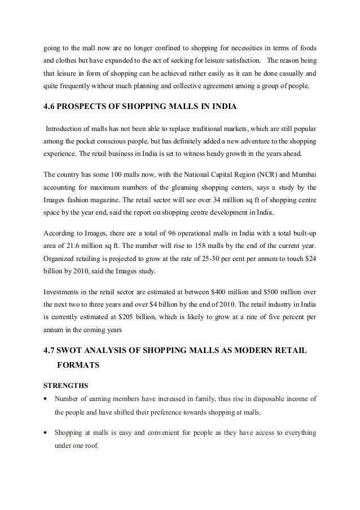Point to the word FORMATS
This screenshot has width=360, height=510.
(x=79, y=365)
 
